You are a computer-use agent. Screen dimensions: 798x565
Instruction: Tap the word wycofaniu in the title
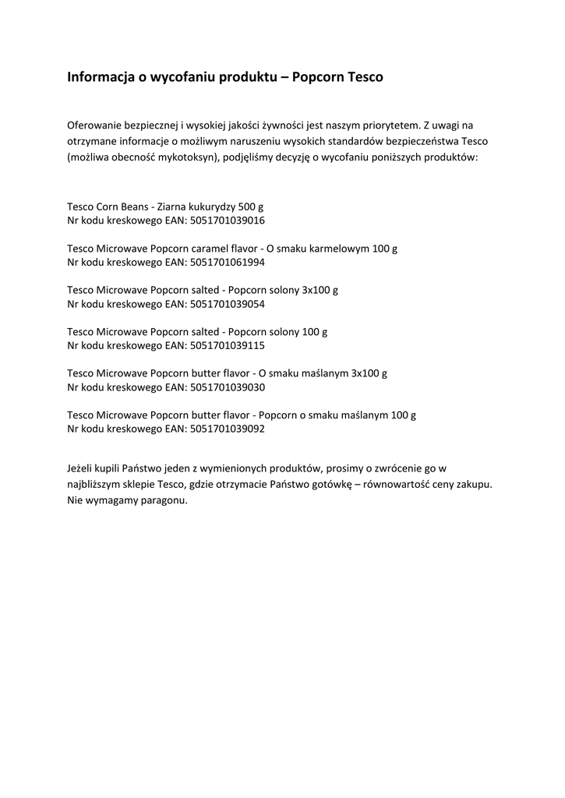(192, 78)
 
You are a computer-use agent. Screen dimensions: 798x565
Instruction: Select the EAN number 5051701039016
(228, 221)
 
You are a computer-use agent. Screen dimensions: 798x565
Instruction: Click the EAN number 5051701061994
(228, 263)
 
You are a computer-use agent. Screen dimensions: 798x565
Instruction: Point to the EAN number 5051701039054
(228, 304)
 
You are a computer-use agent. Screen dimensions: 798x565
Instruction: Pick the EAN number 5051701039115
(228, 345)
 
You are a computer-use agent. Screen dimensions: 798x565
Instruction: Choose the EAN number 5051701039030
(228, 387)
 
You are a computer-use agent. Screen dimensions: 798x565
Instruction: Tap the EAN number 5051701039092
(228, 429)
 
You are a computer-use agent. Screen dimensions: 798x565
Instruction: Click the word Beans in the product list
(133, 207)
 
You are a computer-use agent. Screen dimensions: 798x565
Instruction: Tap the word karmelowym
(336, 249)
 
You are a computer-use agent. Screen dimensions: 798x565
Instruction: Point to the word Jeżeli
(83, 468)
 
